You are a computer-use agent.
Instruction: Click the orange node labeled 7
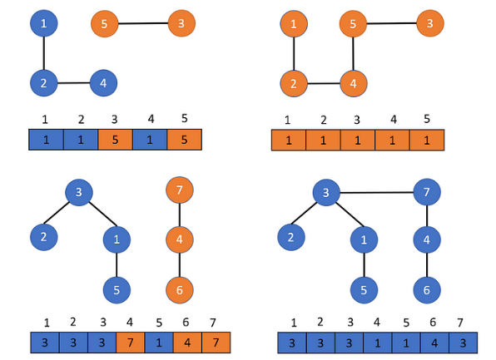[x=180, y=190]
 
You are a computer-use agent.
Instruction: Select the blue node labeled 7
[x=427, y=192]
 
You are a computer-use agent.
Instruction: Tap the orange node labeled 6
[x=180, y=290]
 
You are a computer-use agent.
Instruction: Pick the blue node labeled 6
[x=427, y=290]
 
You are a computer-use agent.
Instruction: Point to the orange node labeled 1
[x=294, y=24]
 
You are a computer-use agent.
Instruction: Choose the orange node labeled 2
[x=294, y=83]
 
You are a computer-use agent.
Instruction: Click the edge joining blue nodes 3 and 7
[x=376, y=192]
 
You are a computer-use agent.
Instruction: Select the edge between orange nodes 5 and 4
[x=353, y=54]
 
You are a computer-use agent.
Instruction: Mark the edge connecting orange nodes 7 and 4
[x=180, y=215]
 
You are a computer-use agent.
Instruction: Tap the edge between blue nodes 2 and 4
[x=73, y=83]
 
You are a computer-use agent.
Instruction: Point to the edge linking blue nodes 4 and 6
[x=427, y=265]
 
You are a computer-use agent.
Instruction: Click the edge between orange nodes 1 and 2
[x=294, y=54]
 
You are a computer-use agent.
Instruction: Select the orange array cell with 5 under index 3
[x=115, y=140]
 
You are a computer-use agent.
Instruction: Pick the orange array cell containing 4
[x=187, y=343]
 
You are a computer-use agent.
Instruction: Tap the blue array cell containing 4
[x=434, y=343]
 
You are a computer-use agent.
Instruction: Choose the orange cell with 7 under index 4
[x=131, y=343]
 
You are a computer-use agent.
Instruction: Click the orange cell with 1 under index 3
[x=358, y=140]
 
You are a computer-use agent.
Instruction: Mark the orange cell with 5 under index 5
[x=185, y=140]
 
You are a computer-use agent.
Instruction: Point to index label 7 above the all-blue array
[x=460, y=323]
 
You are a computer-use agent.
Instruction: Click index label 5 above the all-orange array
[x=427, y=119]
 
